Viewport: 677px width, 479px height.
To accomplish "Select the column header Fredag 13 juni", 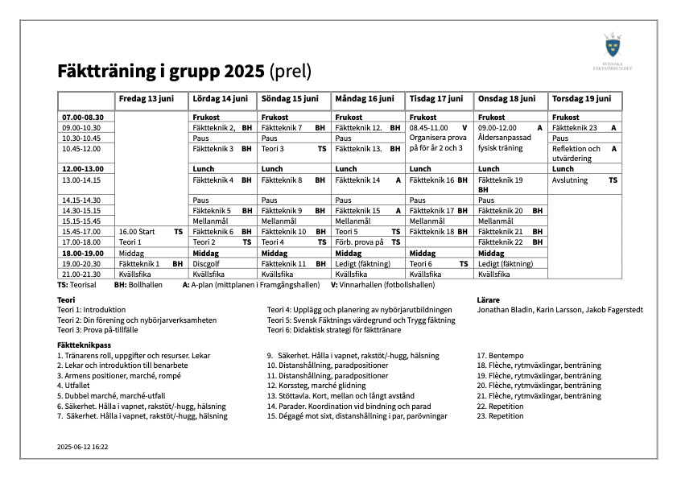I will (146, 99).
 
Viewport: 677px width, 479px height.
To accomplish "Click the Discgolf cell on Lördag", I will (206, 263).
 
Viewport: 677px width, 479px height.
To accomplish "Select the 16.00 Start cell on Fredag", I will (136, 231).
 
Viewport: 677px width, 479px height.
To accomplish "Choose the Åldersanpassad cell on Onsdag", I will (506, 138).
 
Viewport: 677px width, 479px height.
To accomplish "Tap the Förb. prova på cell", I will (360, 242).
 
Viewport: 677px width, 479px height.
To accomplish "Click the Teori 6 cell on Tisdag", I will (421, 263).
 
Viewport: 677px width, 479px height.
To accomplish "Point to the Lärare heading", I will (488, 299).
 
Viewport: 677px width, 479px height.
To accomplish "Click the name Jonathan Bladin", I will (502, 309).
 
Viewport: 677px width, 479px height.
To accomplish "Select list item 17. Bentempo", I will (500, 355).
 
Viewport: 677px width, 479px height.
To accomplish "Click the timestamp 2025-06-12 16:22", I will (83, 445).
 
